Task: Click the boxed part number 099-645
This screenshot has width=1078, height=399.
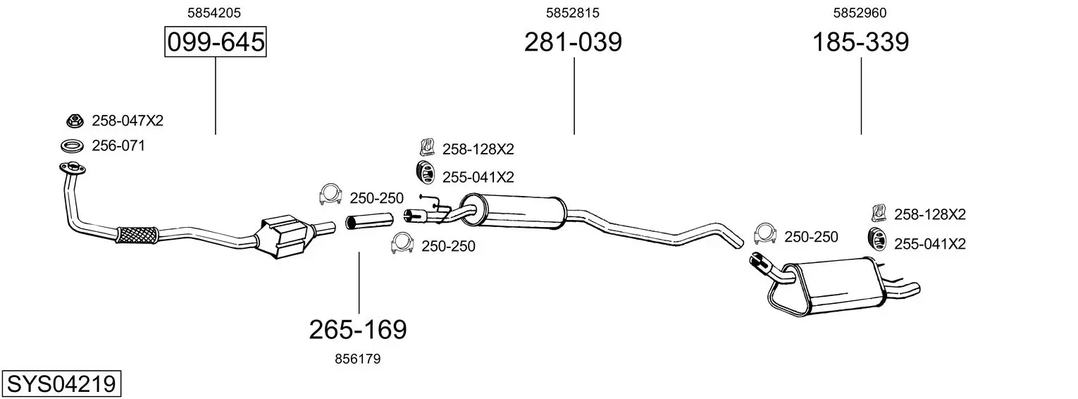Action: tap(215, 42)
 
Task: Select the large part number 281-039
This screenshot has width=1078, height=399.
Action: tap(573, 42)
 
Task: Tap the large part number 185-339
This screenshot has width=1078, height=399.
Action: tap(860, 42)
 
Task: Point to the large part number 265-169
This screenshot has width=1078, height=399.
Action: tap(358, 330)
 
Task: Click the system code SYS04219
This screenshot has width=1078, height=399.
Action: tap(61, 384)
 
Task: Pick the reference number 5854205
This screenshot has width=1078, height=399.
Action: tap(214, 13)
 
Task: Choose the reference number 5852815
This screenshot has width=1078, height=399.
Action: tap(573, 13)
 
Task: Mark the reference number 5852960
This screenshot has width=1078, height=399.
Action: tap(860, 13)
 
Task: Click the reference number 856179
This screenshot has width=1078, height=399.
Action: tap(357, 359)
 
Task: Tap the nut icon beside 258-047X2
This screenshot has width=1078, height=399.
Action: tap(75, 121)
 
